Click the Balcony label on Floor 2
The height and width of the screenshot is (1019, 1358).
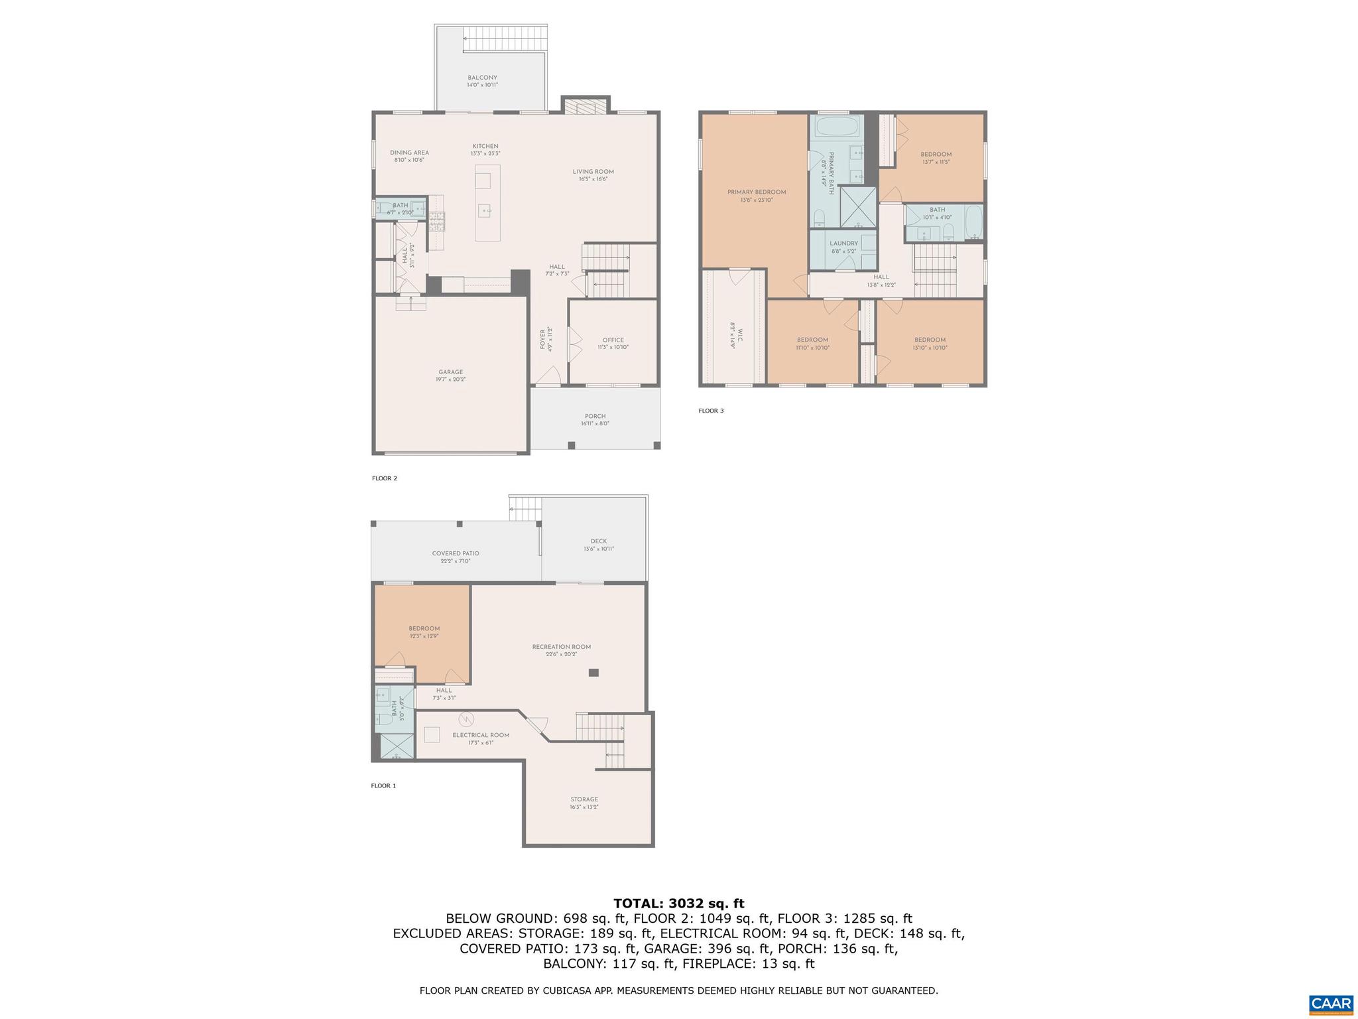(x=482, y=78)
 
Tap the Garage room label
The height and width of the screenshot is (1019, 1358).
(x=450, y=372)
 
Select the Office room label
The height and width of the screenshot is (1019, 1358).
(x=613, y=340)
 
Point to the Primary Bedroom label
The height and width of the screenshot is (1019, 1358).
(x=756, y=192)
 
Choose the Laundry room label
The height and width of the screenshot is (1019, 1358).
(x=843, y=243)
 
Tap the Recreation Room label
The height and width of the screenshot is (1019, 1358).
(x=561, y=647)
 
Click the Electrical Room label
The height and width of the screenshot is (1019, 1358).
(x=481, y=735)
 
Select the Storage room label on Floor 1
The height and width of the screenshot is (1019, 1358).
(x=584, y=799)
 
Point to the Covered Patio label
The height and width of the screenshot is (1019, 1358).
(x=456, y=554)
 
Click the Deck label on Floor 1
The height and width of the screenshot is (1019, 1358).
(x=598, y=541)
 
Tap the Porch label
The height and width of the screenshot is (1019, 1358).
(x=595, y=417)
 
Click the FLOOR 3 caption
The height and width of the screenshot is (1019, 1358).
(x=711, y=411)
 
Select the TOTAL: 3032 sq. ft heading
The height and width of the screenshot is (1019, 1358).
(x=678, y=904)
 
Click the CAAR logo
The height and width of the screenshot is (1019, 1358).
(x=1331, y=1003)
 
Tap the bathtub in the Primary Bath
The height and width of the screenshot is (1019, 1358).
(x=836, y=125)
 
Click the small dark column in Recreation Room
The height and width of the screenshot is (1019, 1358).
(x=593, y=673)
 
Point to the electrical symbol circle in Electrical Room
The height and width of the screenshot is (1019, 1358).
(x=465, y=719)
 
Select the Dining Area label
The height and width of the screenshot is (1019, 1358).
(x=409, y=153)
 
